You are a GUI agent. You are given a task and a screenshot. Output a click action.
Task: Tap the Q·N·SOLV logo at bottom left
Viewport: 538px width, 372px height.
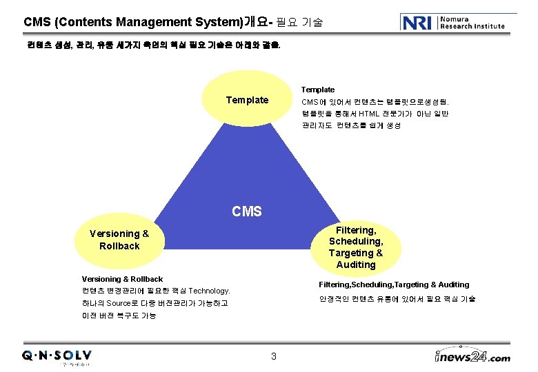pyautogui.click(x=57, y=356)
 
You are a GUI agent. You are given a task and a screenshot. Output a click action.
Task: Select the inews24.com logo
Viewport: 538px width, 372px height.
pyautogui.click(x=472, y=356)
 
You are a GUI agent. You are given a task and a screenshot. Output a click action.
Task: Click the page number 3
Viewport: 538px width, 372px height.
pyautogui.click(x=273, y=356)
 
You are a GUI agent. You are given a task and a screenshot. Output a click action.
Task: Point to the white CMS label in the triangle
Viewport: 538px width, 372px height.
pyautogui.click(x=247, y=211)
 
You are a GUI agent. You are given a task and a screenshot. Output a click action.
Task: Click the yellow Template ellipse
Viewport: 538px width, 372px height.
pyautogui.click(x=247, y=101)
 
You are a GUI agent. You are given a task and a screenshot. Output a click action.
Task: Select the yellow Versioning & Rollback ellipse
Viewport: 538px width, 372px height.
pyautogui.click(x=119, y=240)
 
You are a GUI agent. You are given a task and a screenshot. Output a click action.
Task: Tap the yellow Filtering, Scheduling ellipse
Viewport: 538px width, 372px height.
pyautogui.click(x=356, y=247)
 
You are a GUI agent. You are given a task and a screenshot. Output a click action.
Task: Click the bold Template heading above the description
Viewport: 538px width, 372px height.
pyautogui.click(x=318, y=90)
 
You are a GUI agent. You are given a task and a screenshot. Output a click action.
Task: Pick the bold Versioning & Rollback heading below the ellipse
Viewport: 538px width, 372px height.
pyautogui.click(x=122, y=279)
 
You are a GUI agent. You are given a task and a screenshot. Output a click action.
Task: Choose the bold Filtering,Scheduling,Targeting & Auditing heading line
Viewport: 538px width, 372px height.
pyautogui.click(x=394, y=285)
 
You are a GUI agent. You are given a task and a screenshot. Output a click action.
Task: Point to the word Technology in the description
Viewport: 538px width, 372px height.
pyautogui.click(x=209, y=291)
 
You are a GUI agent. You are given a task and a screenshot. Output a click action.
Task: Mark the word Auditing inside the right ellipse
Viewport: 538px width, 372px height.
pyautogui.click(x=356, y=265)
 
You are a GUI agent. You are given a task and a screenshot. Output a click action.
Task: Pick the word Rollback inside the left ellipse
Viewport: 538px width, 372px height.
pyautogui.click(x=119, y=246)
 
